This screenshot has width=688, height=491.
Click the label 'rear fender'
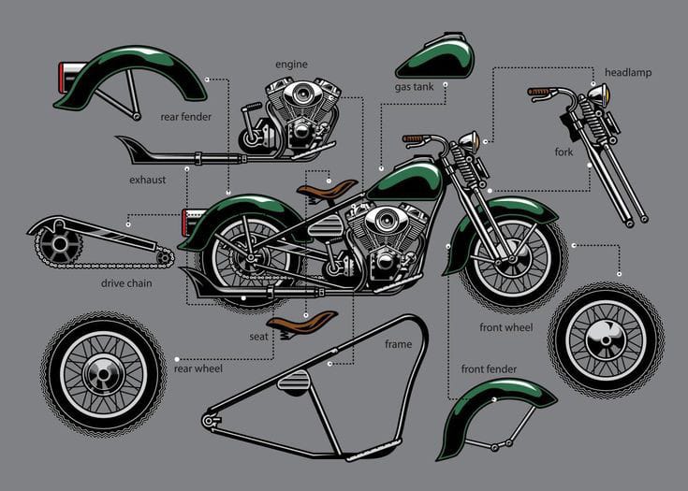tap(185, 117)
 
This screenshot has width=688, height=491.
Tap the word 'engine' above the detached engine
tap(291, 65)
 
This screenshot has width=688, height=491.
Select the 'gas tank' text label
tap(413, 87)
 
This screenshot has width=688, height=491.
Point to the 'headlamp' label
tap(628, 72)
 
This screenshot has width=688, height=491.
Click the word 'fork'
tap(564, 152)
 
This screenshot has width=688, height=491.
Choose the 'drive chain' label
tap(126, 282)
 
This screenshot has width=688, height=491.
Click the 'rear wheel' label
tap(198, 368)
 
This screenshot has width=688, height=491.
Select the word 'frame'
tap(398, 344)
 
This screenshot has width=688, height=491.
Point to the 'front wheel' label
tap(505, 327)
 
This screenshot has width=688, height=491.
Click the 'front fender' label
tap(491, 369)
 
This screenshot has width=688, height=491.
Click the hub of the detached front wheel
tap(605, 333)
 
